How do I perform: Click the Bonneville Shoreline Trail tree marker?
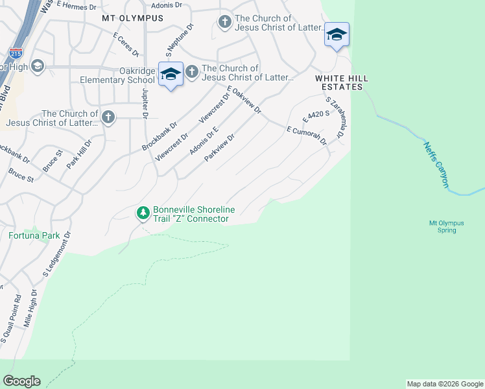click(143, 213)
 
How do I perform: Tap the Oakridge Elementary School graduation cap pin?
click(171, 75)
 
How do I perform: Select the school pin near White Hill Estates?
click(337, 34)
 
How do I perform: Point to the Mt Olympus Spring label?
click(446, 226)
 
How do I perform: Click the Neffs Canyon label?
click(436, 165)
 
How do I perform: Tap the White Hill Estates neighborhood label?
click(342, 82)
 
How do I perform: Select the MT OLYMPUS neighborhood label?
click(132, 18)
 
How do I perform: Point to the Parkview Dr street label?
click(219, 148)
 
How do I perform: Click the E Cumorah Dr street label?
click(307, 136)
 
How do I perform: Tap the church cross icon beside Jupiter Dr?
click(108, 117)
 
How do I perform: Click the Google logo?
click(21, 381)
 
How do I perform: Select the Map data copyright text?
click(445, 384)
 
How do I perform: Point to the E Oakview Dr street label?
click(243, 100)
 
